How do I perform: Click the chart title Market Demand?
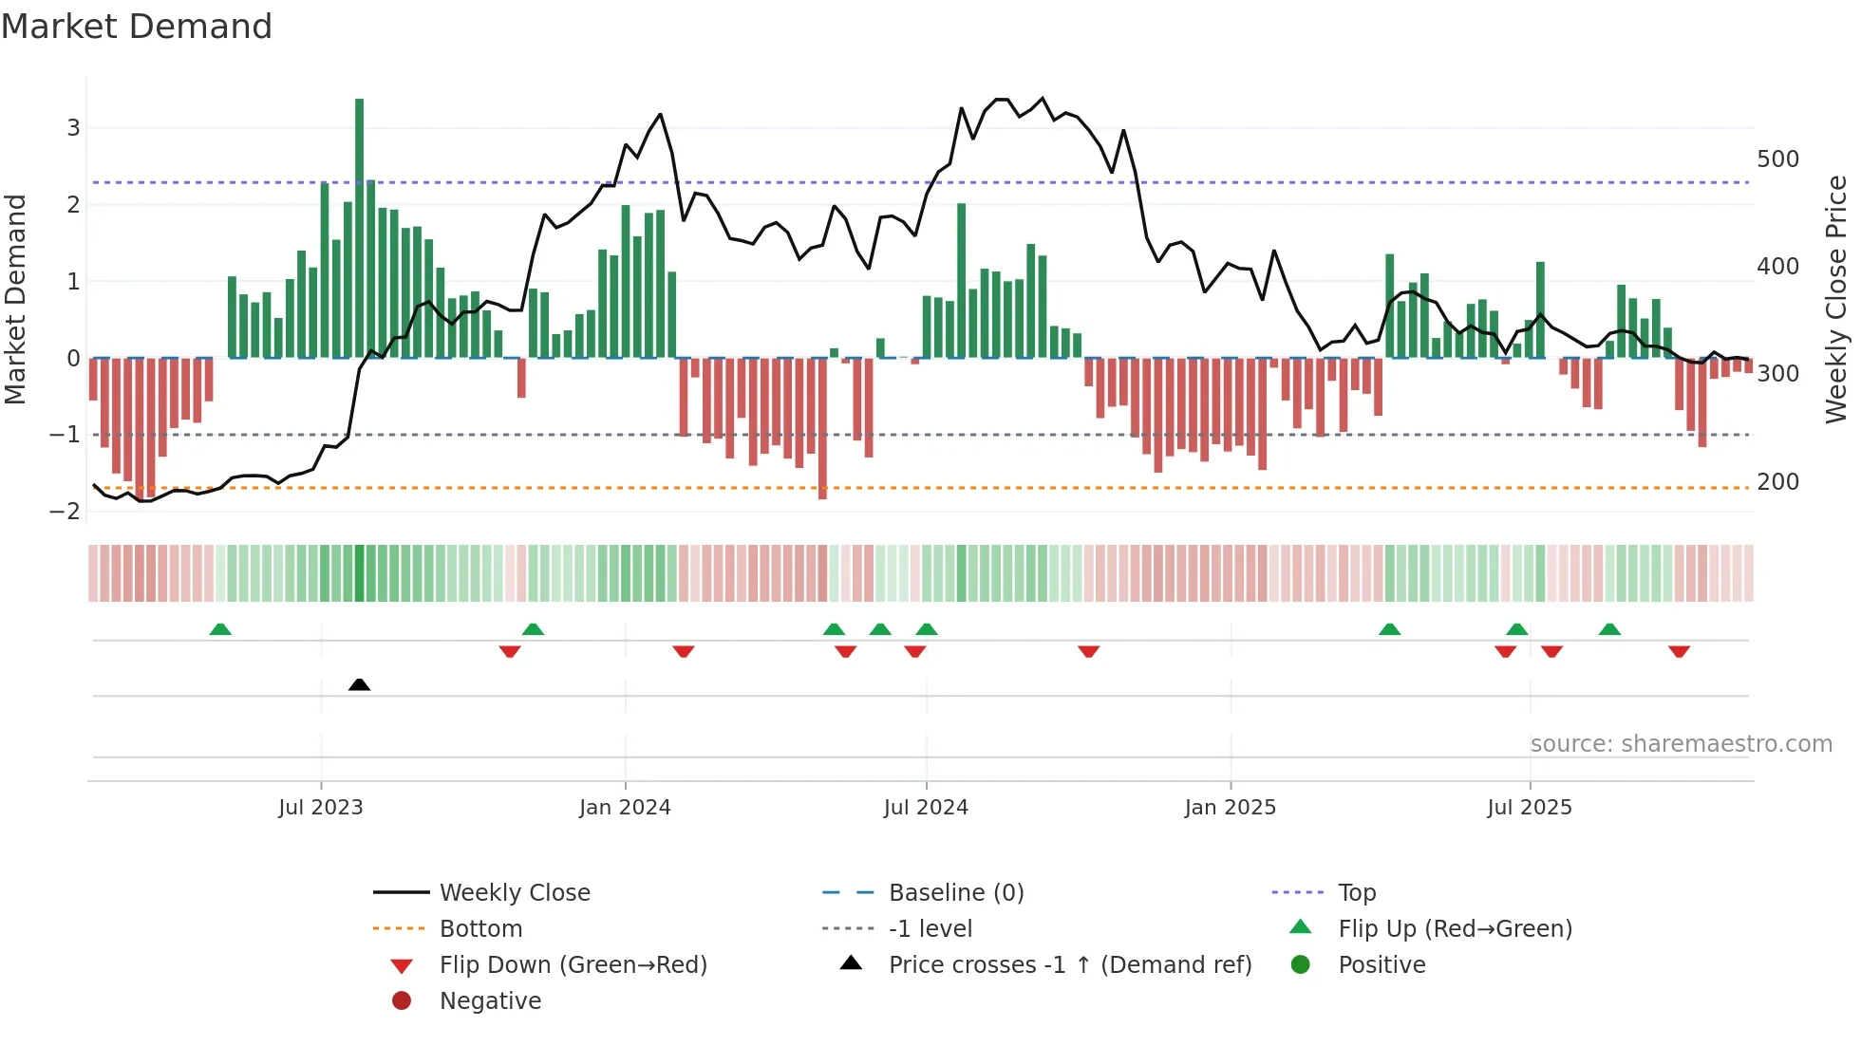point(137,27)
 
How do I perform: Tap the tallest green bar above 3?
point(359,228)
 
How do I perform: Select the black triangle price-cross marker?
point(359,684)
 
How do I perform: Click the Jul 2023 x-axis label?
point(321,808)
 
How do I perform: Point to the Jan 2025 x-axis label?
point(1231,808)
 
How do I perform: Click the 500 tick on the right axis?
point(1777,159)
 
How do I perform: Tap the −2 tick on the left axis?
point(65,512)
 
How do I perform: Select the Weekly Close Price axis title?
point(1836,299)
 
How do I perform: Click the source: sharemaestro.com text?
point(1681,744)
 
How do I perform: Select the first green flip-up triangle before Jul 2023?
point(220,629)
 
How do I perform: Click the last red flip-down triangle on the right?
point(1679,651)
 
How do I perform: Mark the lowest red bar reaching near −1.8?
point(822,427)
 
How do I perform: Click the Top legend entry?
point(1357,893)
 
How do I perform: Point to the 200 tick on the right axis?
point(1777,482)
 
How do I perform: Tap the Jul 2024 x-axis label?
point(926,808)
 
